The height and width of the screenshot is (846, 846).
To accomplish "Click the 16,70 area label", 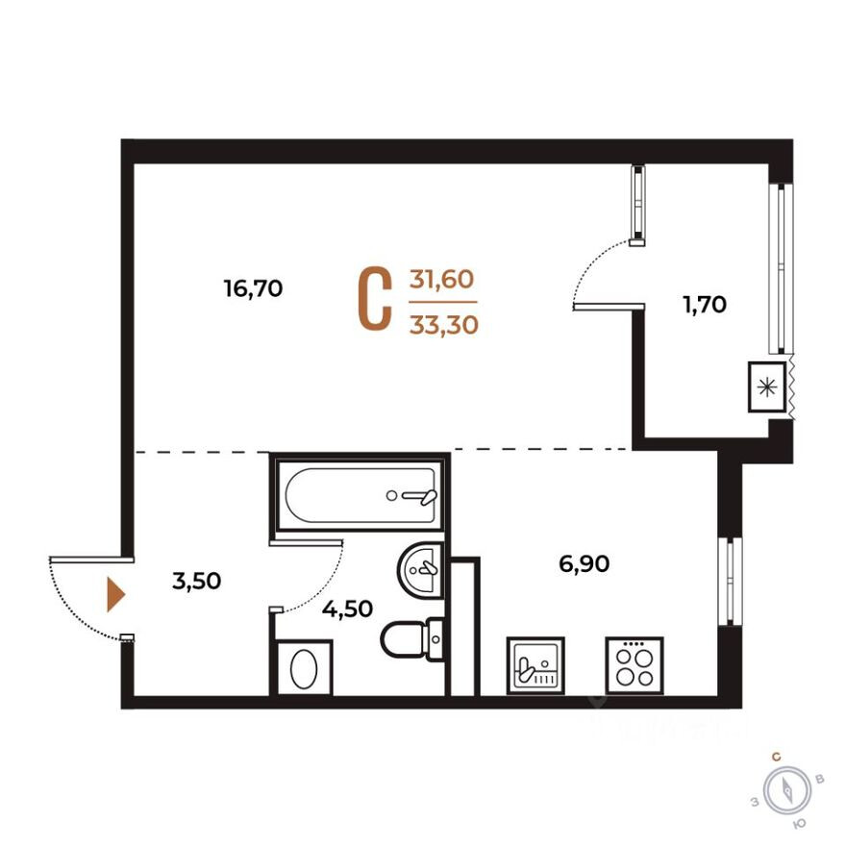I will [253, 288].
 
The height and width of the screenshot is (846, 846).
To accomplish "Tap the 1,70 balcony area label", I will [704, 306].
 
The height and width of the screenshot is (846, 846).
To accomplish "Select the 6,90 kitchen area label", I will [585, 564].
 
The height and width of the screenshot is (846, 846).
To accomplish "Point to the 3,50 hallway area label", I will [196, 581].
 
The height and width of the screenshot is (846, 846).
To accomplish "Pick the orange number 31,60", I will [442, 280].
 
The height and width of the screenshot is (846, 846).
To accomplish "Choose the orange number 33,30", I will [442, 326].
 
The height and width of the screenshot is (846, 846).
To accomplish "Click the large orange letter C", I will [375, 301].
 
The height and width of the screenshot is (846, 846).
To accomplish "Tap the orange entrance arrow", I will [114, 595].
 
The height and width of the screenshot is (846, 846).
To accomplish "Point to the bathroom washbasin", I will [419, 569].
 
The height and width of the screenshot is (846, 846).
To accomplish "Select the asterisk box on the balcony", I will [766, 387].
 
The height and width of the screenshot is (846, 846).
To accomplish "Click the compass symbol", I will [788, 791].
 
